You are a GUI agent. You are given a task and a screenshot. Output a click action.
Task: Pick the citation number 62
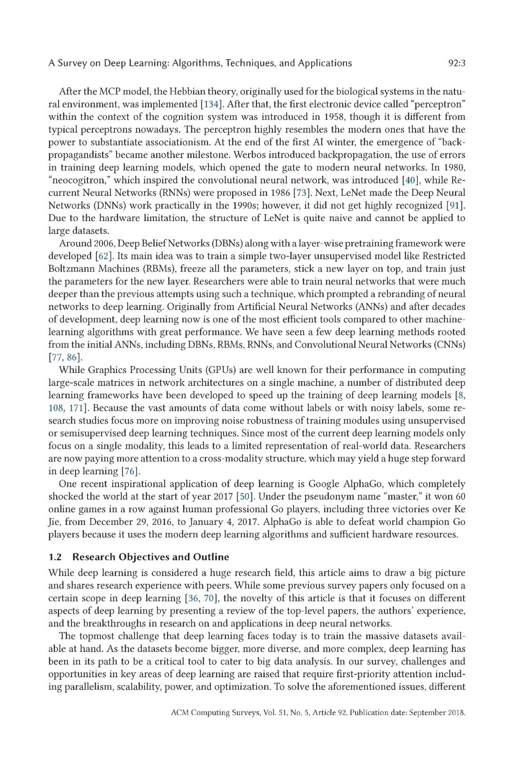click(x=103, y=256)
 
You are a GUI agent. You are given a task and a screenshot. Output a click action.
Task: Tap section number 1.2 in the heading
click(x=55, y=557)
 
